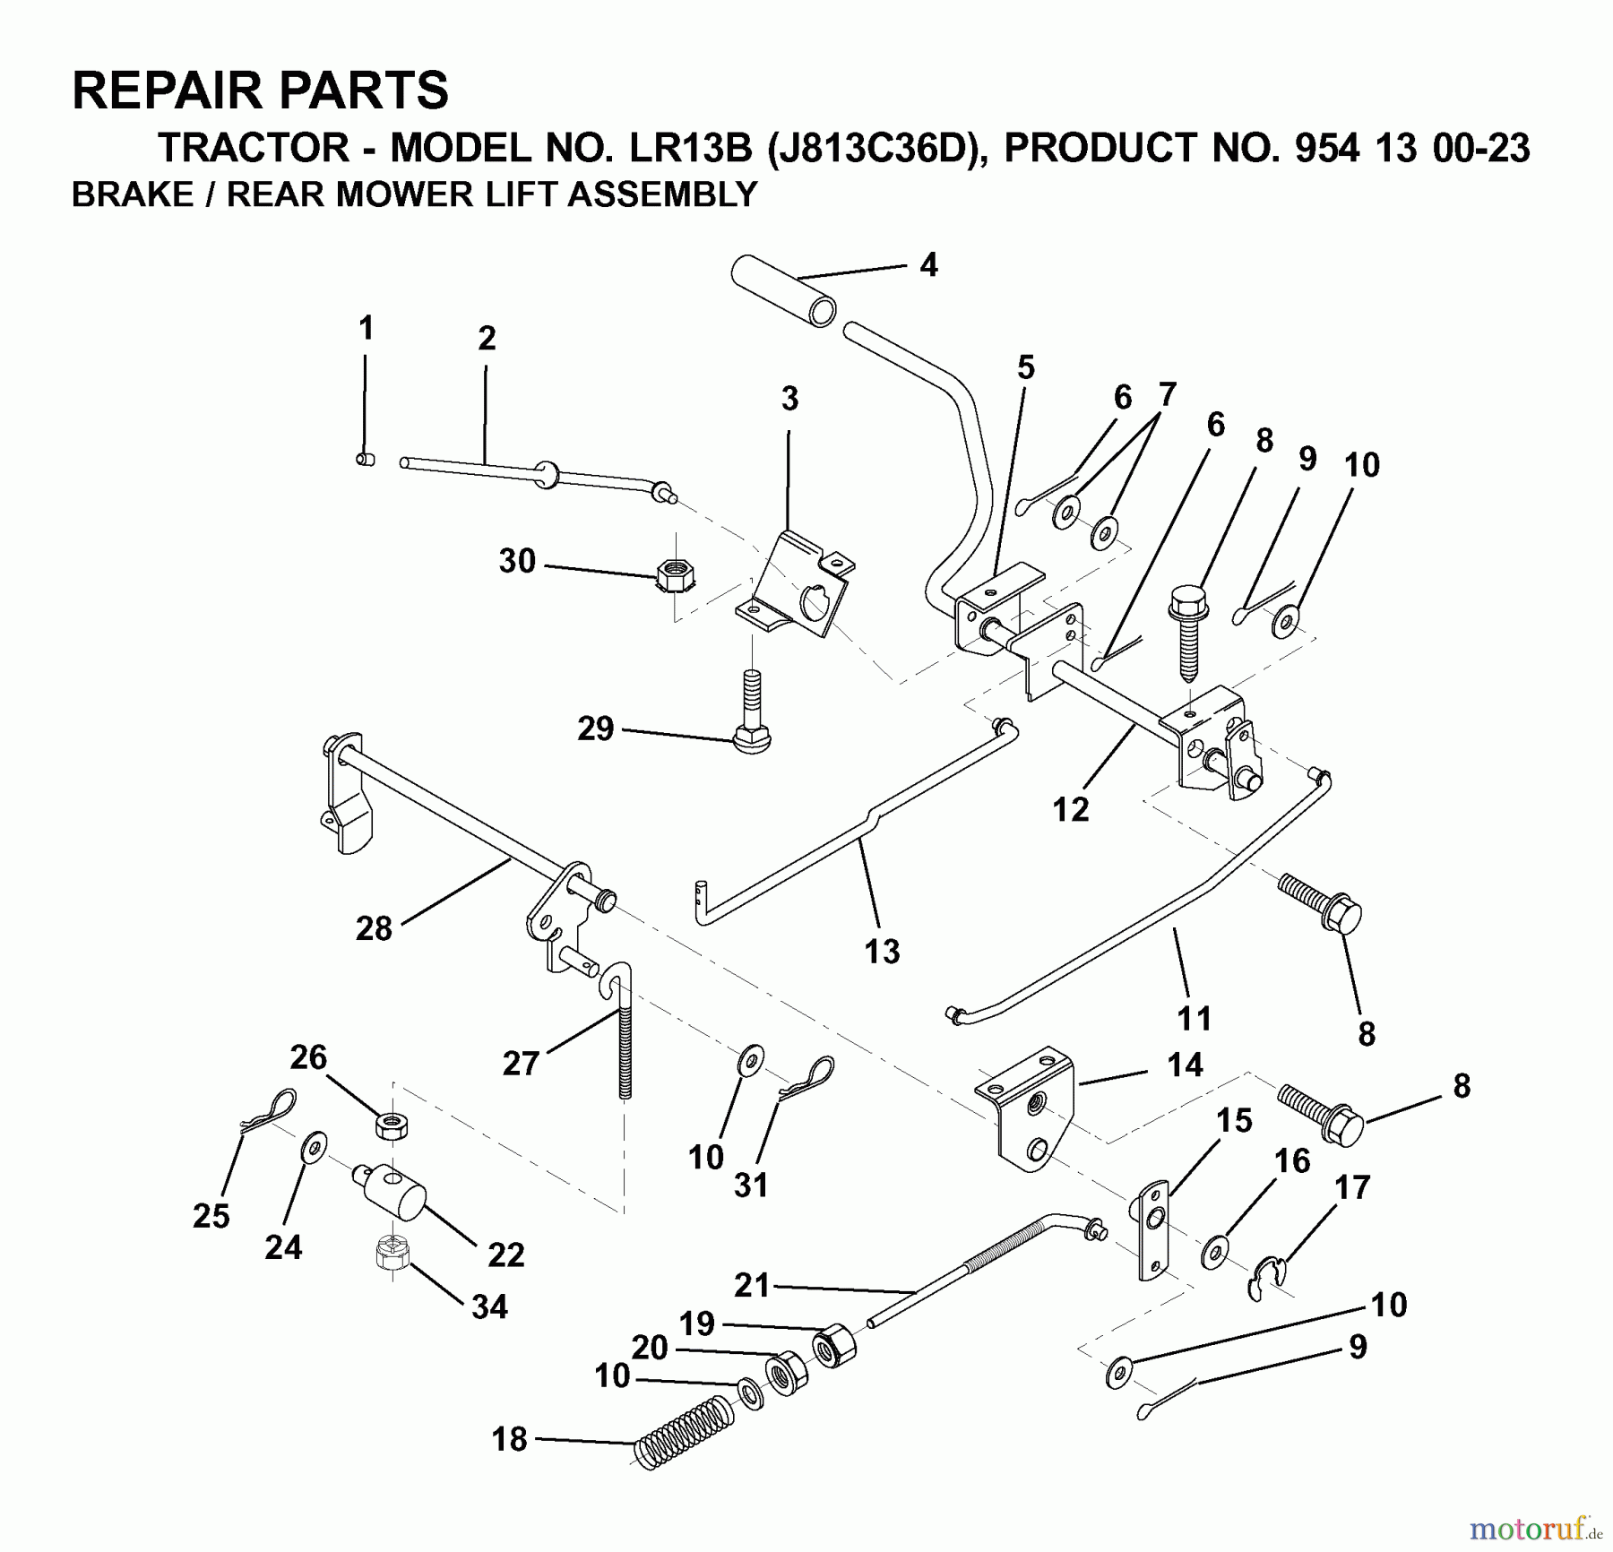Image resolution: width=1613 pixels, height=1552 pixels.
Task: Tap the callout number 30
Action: (x=517, y=562)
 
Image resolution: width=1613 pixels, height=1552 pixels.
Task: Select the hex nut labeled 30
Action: (x=672, y=573)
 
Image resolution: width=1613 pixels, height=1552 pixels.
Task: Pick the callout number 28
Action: (x=374, y=928)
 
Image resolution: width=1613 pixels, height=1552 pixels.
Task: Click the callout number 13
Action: (x=882, y=951)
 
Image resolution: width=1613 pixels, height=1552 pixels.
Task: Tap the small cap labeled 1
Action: (x=365, y=460)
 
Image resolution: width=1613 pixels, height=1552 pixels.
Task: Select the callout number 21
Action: (x=752, y=1285)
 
